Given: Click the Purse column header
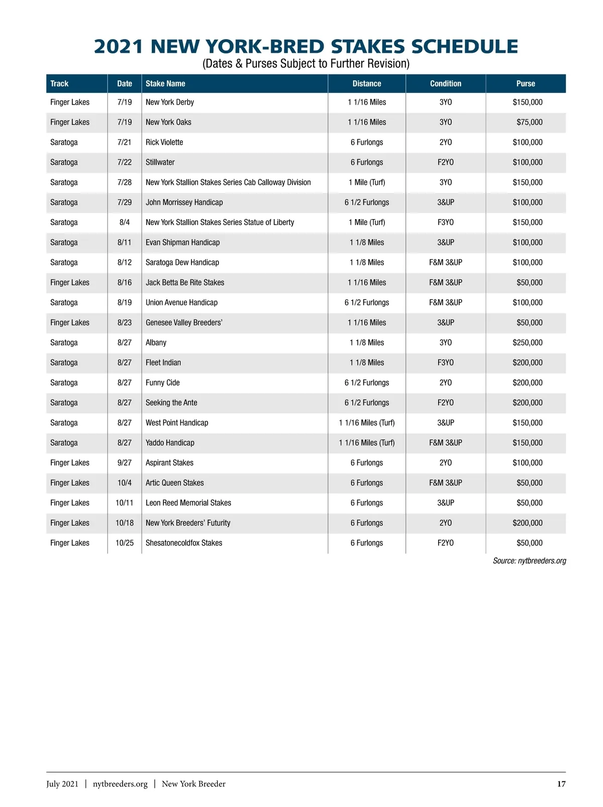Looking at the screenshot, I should pos(526,84).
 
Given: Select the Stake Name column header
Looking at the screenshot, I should pos(165,84).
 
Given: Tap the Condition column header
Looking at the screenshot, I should pos(445,84).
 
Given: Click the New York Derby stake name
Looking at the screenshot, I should pos(170,103).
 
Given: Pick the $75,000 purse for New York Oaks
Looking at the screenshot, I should pos(529,123).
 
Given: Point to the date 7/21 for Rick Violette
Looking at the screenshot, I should pos(124,143).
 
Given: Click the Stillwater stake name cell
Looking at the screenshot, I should pos(160,163).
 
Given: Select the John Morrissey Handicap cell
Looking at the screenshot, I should pos(184,203).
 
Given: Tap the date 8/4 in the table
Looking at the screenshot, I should pos(125,223).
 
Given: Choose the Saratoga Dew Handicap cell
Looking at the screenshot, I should pos(182,263).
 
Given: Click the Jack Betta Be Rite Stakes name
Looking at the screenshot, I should pos(185,283).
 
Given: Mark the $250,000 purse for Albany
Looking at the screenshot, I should pos(527,343).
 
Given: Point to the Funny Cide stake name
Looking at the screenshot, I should pos(163,383).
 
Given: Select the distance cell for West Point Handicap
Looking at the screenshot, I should pos(367,423).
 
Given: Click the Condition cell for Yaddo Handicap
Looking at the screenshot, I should pos(445,443).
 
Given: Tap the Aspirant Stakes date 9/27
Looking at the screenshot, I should pos(125,463).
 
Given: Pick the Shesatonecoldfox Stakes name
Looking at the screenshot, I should pos(184,543).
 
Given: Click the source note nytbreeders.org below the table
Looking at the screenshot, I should pos(529,561).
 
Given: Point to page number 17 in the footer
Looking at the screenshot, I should pos(561,784).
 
